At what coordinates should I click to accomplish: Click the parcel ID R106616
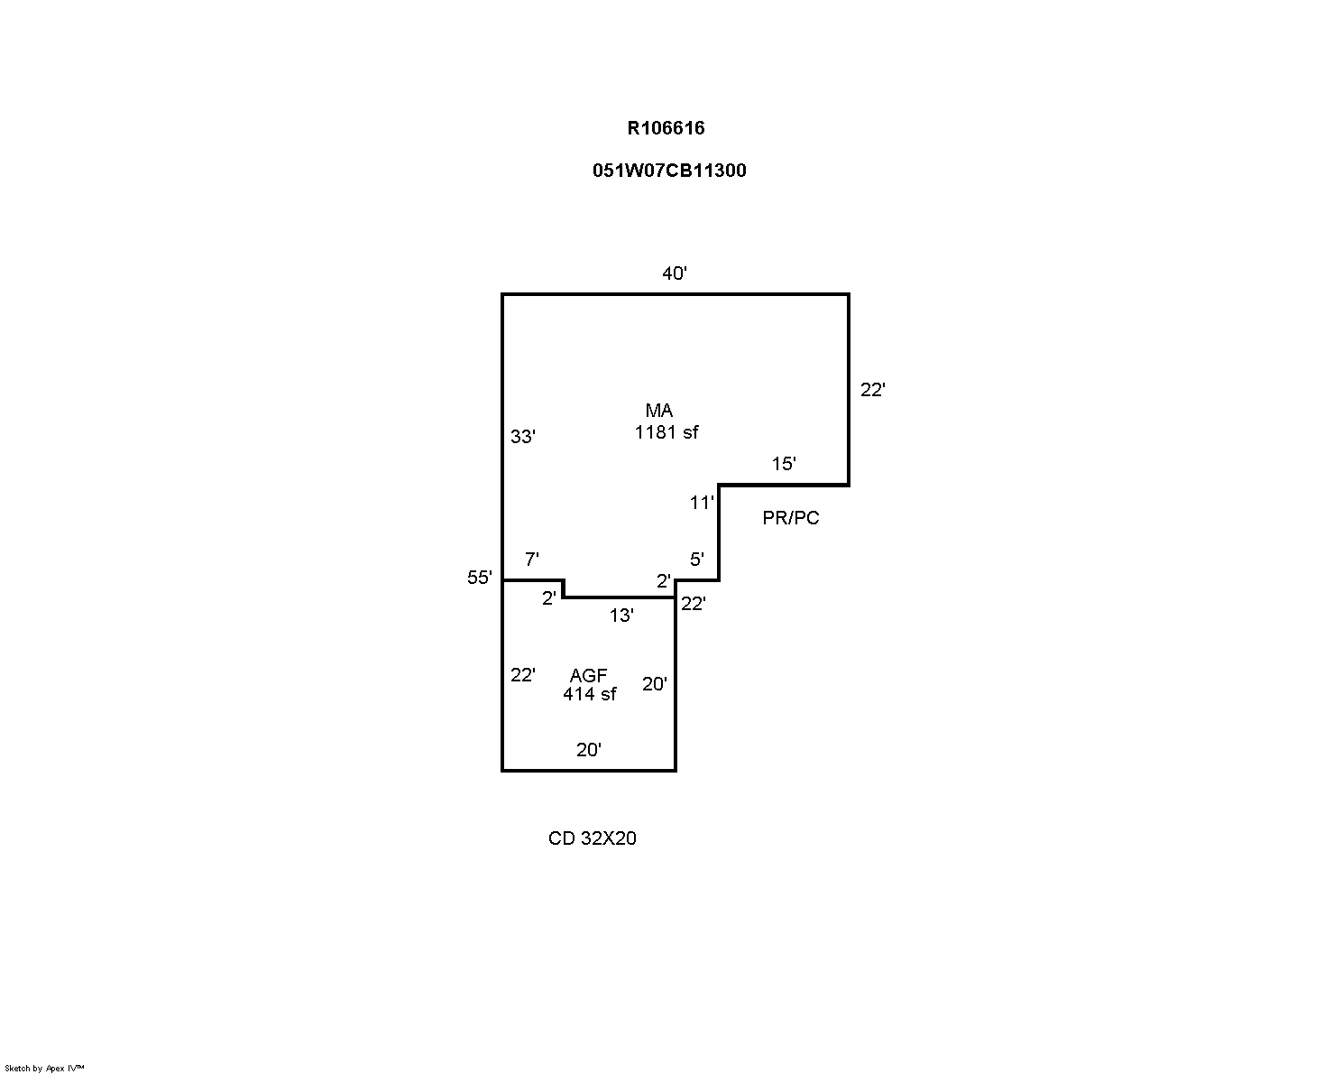[666, 128]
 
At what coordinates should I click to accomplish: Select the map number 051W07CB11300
[669, 171]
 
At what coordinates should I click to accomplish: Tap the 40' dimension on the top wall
[675, 273]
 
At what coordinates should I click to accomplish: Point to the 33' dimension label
[523, 437]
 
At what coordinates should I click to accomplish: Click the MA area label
[658, 411]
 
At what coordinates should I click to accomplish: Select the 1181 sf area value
[666, 432]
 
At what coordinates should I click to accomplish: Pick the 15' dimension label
[784, 464]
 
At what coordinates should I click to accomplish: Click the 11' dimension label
[702, 503]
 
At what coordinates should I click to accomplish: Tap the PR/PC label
[791, 519]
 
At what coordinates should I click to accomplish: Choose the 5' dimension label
[696, 560]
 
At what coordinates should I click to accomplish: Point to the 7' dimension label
[531, 560]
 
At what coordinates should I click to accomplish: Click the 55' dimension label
[480, 578]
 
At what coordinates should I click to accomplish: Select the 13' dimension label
[621, 616]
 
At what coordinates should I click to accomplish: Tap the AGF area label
[588, 675]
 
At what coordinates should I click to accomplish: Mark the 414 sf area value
[590, 694]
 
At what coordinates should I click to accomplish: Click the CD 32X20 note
[592, 838]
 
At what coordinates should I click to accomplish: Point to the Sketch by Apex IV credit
[44, 1068]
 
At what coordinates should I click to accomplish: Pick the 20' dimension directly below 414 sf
[589, 749]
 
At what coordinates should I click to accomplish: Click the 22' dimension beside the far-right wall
[872, 390]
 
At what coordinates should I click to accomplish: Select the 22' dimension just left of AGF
[523, 675]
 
